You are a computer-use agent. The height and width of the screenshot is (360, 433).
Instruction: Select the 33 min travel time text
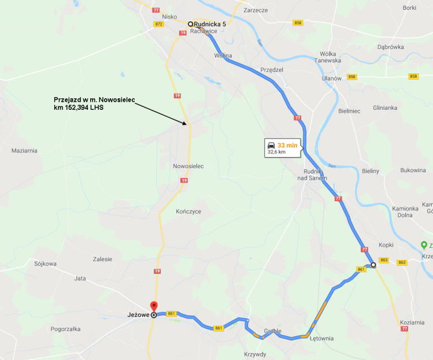point(287,145)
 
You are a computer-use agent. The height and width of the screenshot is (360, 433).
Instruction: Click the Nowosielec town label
point(188,166)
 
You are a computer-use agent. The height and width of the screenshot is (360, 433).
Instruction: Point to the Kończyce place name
point(188,211)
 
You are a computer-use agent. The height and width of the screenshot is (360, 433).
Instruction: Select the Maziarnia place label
point(24,150)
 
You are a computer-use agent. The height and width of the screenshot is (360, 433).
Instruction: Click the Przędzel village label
point(272,69)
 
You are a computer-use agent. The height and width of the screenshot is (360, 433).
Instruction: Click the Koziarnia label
point(411,322)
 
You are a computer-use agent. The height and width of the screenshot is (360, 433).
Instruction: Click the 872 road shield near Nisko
point(159,24)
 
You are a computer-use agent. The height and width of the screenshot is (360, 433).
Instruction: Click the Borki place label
point(409,8)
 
